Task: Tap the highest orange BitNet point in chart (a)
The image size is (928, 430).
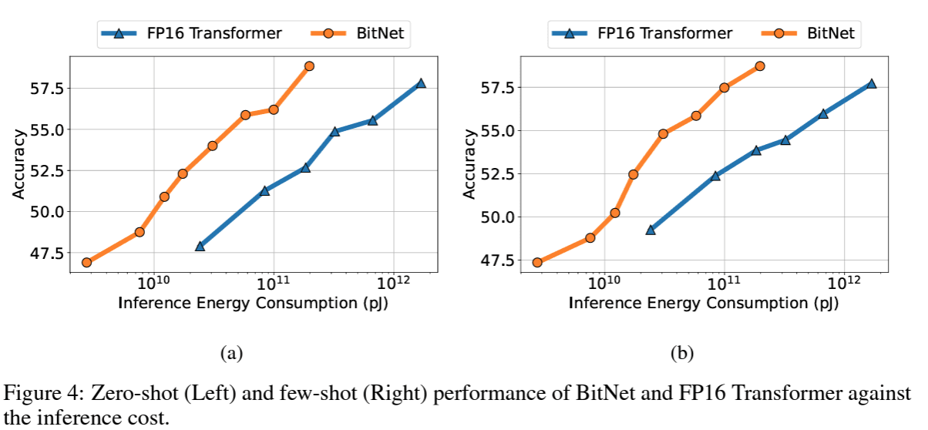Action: (309, 66)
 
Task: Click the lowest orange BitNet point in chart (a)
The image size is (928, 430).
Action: (86, 262)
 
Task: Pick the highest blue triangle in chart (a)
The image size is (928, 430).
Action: (420, 83)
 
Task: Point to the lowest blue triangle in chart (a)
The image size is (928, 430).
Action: (200, 246)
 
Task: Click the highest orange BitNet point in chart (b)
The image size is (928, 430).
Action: (760, 66)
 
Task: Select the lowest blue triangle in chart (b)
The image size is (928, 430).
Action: (651, 230)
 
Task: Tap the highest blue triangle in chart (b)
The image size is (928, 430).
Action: (871, 83)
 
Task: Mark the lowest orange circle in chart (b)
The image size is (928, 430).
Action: (537, 262)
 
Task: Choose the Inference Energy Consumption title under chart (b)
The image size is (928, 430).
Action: (704, 302)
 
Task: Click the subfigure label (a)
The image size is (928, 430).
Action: (231, 354)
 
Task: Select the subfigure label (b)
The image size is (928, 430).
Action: (682, 354)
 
